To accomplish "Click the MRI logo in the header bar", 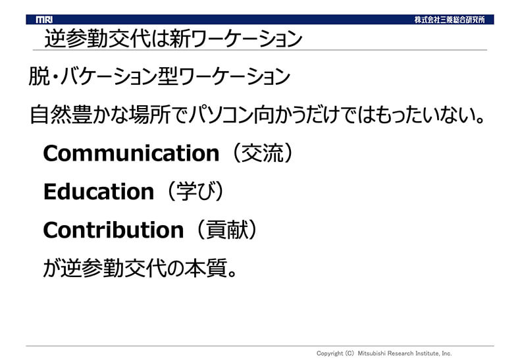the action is pyautogui.click(x=44, y=20).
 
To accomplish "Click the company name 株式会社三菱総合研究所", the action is pyautogui.click(x=450, y=20).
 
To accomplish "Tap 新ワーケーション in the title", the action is pyautogui.click(x=236, y=38).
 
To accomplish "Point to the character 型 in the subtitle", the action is pyautogui.click(x=168, y=76).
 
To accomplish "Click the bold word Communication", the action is pyautogui.click(x=132, y=153).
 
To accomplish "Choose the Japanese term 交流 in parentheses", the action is pyautogui.click(x=263, y=153).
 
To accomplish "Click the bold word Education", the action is pyautogui.click(x=99, y=192).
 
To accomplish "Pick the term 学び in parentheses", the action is pyautogui.click(x=196, y=192).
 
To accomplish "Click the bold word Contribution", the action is pyautogui.click(x=113, y=230).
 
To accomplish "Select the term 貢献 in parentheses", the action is pyautogui.click(x=227, y=230).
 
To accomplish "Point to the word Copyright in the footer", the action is pyautogui.click(x=330, y=353).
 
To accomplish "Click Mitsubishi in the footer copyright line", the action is pyautogui.click(x=371, y=353).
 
